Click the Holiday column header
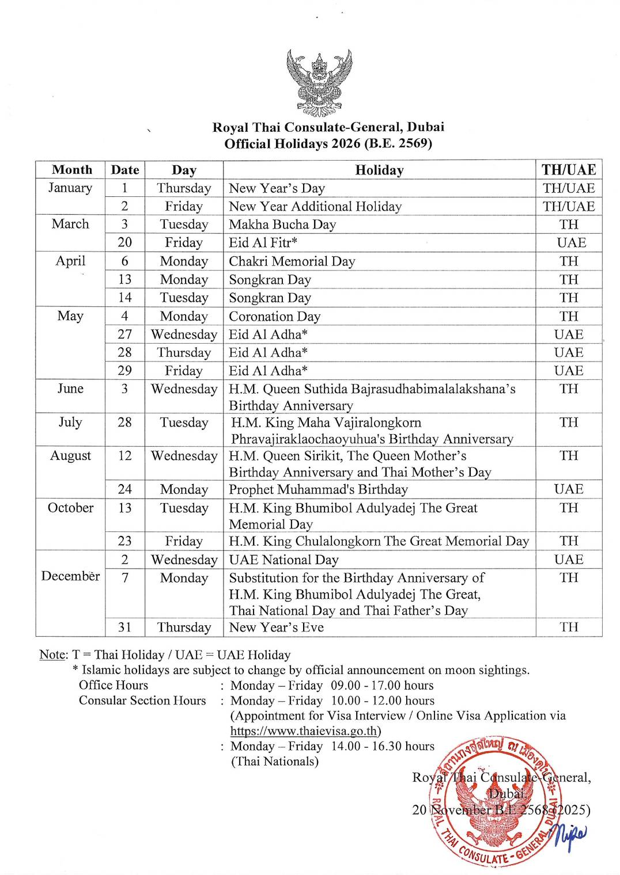click(379, 170)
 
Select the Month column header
click(71, 170)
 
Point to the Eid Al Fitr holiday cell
click(263, 243)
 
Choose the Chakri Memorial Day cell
click(292, 261)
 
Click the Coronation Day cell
click(274, 317)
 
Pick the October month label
click(70, 508)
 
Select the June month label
click(70, 389)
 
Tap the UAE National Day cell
click(283, 560)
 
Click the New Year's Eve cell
click(276, 627)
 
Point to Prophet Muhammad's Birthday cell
click(318, 489)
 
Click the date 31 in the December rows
click(124, 627)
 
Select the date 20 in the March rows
click(124, 243)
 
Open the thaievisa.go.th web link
click(304, 731)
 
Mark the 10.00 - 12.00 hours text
click(382, 701)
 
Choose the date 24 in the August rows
click(124, 489)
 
